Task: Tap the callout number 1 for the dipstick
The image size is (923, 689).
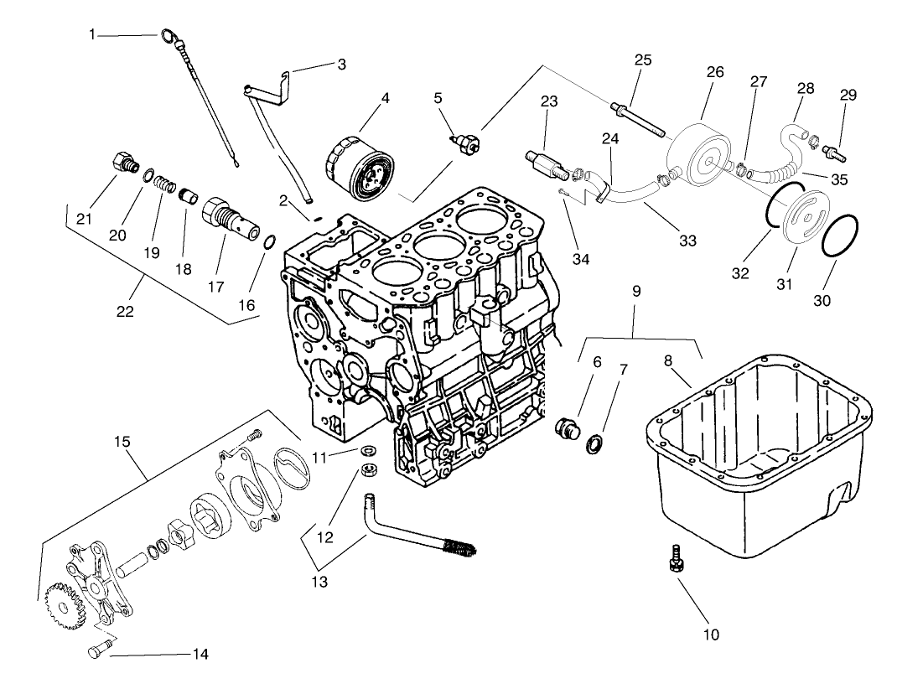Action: tap(93, 34)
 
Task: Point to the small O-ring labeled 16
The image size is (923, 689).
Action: tap(268, 242)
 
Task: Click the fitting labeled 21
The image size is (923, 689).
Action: tap(124, 161)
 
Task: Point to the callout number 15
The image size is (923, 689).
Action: tap(130, 438)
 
